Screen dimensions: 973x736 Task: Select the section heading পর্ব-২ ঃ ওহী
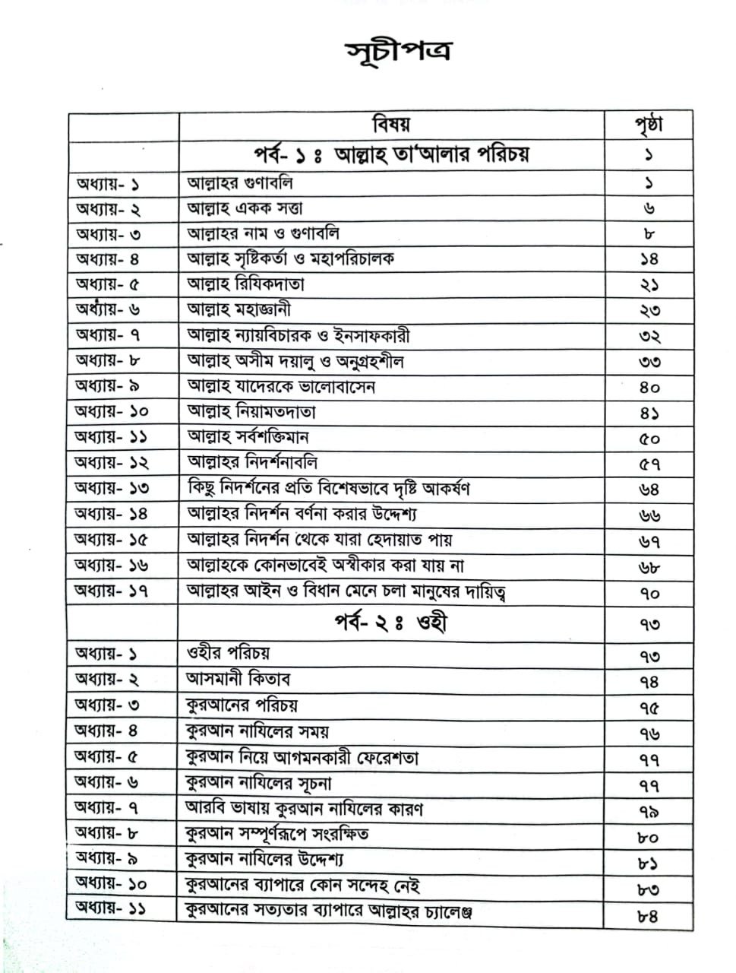click(x=390, y=623)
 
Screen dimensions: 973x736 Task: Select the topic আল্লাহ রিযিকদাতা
click(x=245, y=284)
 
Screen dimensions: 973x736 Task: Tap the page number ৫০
click(x=649, y=439)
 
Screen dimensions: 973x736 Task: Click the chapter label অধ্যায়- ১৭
click(x=111, y=591)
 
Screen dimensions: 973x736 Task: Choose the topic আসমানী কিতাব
click(x=238, y=679)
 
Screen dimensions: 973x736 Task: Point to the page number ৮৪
click(x=647, y=915)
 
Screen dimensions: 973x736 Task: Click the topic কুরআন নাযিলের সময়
click(x=257, y=731)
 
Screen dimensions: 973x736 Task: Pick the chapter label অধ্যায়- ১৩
click(x=112, y=488)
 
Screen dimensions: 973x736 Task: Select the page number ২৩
click(x=649, y=310)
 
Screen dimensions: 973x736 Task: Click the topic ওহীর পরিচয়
click(x=228, y=653)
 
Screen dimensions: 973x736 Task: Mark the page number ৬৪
click(x=649, y=490)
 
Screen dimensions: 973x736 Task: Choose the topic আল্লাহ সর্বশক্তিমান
click(x=248, y=437)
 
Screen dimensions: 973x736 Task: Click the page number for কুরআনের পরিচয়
click(x=649, y=707)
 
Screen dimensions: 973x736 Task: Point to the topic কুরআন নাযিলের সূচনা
click(x=258, y=783)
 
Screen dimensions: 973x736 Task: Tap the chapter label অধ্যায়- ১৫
click(x=112, y=540)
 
